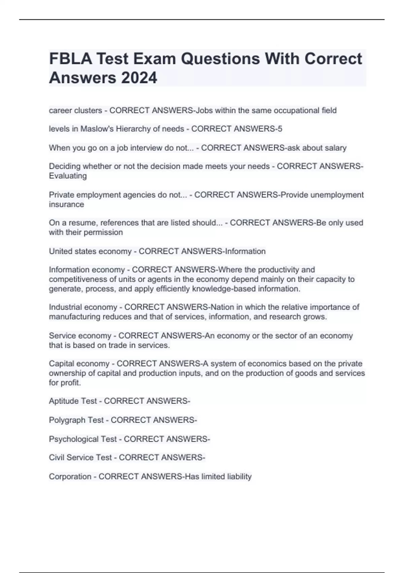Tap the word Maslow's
98,129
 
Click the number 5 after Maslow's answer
280,129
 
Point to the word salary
335,148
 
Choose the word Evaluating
68,176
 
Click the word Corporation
70,477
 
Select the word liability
239,477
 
